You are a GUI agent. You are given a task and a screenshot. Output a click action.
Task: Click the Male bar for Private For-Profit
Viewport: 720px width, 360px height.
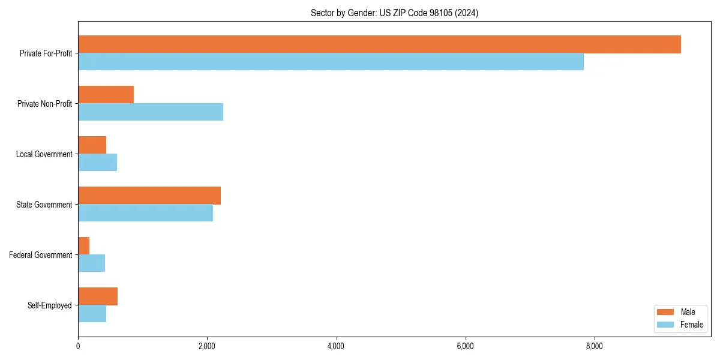379,44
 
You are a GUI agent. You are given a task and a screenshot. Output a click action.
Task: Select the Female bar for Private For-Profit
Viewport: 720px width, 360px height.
331,62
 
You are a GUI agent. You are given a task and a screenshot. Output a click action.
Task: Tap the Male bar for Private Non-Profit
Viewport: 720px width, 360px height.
106,95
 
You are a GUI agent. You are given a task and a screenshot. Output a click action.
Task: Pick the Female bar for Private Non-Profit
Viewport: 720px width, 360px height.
151,112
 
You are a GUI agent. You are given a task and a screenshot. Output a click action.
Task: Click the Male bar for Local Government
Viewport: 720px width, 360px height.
92,145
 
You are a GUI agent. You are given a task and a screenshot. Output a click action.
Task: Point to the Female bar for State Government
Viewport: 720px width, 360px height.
145,213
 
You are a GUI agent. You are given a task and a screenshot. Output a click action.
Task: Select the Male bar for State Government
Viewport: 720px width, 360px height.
149,196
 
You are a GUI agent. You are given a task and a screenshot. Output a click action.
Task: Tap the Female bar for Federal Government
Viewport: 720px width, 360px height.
91,263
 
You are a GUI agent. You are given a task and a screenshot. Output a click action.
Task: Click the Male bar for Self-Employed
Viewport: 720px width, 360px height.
98,296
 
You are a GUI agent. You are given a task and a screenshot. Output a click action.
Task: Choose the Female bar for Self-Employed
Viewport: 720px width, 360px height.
92,314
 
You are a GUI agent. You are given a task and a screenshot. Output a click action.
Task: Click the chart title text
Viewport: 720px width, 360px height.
394,13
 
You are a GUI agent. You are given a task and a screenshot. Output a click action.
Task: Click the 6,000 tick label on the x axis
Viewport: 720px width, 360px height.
465,346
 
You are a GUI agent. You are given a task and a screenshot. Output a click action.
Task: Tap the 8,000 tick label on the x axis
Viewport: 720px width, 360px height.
594,346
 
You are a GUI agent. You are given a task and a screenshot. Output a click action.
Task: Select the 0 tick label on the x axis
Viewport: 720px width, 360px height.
78,346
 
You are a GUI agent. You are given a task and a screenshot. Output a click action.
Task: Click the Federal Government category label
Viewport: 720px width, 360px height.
41,255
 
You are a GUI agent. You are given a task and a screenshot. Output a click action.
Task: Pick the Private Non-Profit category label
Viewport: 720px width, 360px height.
44,104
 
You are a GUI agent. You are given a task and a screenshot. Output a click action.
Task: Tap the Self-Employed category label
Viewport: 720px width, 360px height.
50,305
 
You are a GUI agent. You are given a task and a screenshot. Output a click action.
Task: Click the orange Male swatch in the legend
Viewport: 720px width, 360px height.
666,312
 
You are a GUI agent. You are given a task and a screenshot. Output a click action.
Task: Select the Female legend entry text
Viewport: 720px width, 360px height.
691,325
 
